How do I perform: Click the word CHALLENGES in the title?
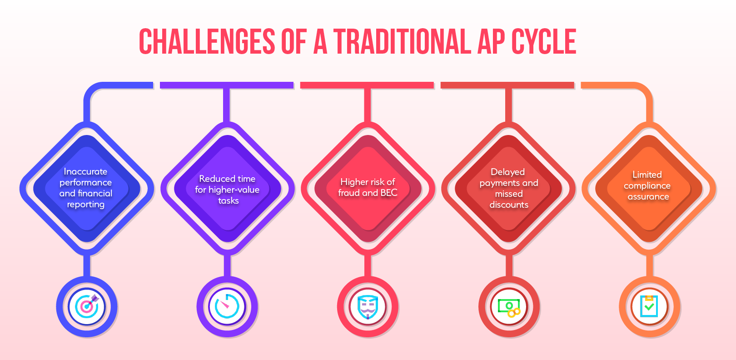207,41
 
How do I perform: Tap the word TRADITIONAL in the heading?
402,41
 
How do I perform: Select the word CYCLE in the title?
544,41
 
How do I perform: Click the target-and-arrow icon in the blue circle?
87,306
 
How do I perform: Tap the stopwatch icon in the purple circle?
227,306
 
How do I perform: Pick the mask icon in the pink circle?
368,307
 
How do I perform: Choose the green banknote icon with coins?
509,308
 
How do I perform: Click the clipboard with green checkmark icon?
649,306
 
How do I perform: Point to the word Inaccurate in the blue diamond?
85,172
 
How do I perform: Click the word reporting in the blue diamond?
86,205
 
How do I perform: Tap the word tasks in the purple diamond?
229,200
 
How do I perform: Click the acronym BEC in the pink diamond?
389,193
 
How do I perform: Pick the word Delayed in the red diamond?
507,172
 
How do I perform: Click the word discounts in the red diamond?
509,205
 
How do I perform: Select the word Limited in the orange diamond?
647,175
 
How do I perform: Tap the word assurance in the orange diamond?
648,197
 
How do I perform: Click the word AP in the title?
491,41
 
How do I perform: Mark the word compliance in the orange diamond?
647,186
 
